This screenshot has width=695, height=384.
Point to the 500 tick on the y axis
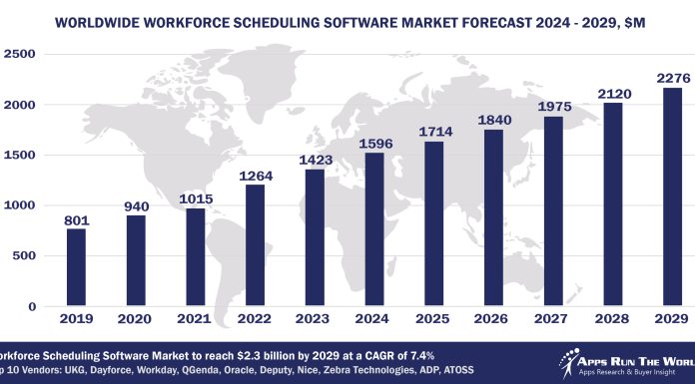tap(26, 256)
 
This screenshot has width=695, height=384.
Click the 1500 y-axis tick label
tap(21, 156)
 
